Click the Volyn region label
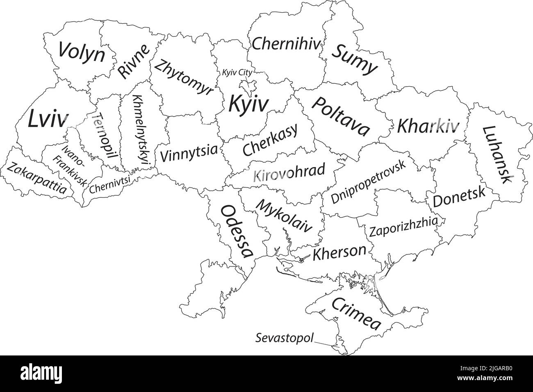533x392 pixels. (x=82, y=52)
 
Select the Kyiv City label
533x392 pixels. (x=237, y=72)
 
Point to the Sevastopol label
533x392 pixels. (x=285, y=338)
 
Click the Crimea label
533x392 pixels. (x=356, y=314)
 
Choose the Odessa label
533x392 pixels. (x=237, y=231)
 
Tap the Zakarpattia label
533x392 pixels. (x=36, y=178)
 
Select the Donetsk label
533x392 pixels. (x=459, y=198)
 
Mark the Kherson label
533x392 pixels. (x=339, y=252)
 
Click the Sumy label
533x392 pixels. (x=354, y=59)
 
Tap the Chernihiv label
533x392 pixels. (x=285, y=44)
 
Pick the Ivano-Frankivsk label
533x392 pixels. (x=70, y=166)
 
